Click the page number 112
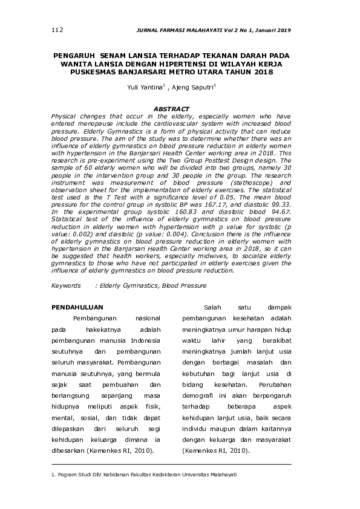pos(57,30)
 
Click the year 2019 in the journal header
pos(283,30)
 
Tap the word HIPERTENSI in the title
pos(185,63)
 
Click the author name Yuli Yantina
pos(145,88)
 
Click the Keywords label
pos(66,285)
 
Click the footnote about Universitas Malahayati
pos(144,475)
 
